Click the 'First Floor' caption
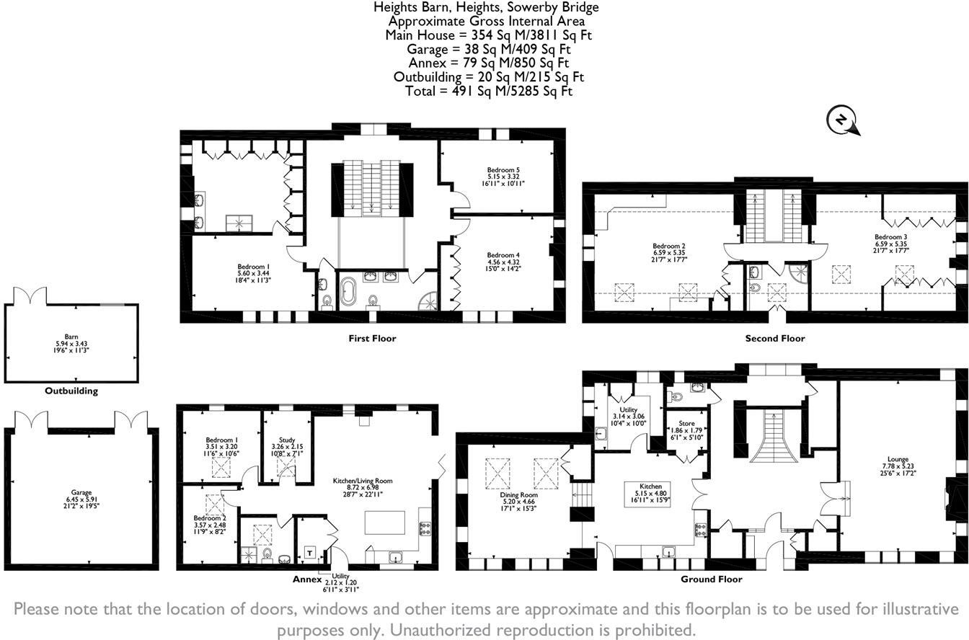(372, 338)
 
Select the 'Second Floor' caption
(775, 338)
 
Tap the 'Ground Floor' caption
(711, 579)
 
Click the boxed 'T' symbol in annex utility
(310, 553)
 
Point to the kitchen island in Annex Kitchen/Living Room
(384, 522)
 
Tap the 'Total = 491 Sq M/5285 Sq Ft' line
(485, 92)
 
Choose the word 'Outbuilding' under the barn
(71, 391)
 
